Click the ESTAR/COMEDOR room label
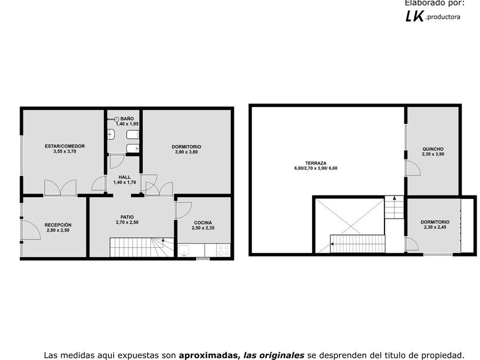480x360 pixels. coord(65,146)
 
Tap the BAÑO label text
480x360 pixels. coord(127,119)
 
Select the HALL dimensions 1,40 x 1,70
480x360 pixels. coord(125,182)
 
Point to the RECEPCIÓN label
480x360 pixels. coord(58,225)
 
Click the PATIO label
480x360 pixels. coord(127,217)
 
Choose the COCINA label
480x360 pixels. coord(203,223)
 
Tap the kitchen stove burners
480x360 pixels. coord(223,250)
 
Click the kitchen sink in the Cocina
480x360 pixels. coord(184,250)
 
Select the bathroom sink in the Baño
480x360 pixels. coord(111,134)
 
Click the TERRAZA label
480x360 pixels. coord(316,163)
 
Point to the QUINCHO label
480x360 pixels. coord(433,149)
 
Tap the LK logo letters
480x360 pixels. coord(415,16)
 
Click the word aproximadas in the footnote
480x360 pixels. coord(207,355)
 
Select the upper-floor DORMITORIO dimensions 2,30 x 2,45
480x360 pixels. coord(435,227)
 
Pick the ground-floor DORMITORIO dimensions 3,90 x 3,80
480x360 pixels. coord(186,152)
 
